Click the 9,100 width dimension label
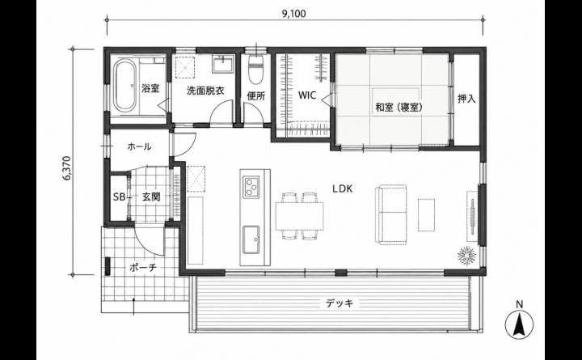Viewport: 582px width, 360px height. [294, 14]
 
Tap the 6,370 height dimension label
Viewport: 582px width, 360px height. [67, 168]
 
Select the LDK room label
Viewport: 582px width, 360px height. [342, 188]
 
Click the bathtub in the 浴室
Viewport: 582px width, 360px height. [125, 86]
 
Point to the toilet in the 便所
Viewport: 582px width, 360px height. [255, 69]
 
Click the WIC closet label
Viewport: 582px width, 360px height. [307, 95]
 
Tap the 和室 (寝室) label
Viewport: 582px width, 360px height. [399, 108]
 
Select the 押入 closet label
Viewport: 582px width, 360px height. [466, 99]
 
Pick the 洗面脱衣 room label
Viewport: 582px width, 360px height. [205, 91]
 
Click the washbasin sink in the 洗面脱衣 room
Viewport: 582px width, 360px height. [223, 63]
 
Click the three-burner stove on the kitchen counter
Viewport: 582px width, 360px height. [251, 187]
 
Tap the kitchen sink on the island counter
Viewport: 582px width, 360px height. [252, 239]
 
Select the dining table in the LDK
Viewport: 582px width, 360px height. [299, 216]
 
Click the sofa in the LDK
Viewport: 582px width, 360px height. [391, 214]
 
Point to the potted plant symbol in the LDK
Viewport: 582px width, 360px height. [466, 256]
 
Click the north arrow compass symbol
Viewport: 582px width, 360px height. [519, 323]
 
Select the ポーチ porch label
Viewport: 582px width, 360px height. [143, 268]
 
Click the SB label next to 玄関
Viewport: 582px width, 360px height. [119, 197]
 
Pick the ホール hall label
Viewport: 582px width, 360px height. [139, 146]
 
